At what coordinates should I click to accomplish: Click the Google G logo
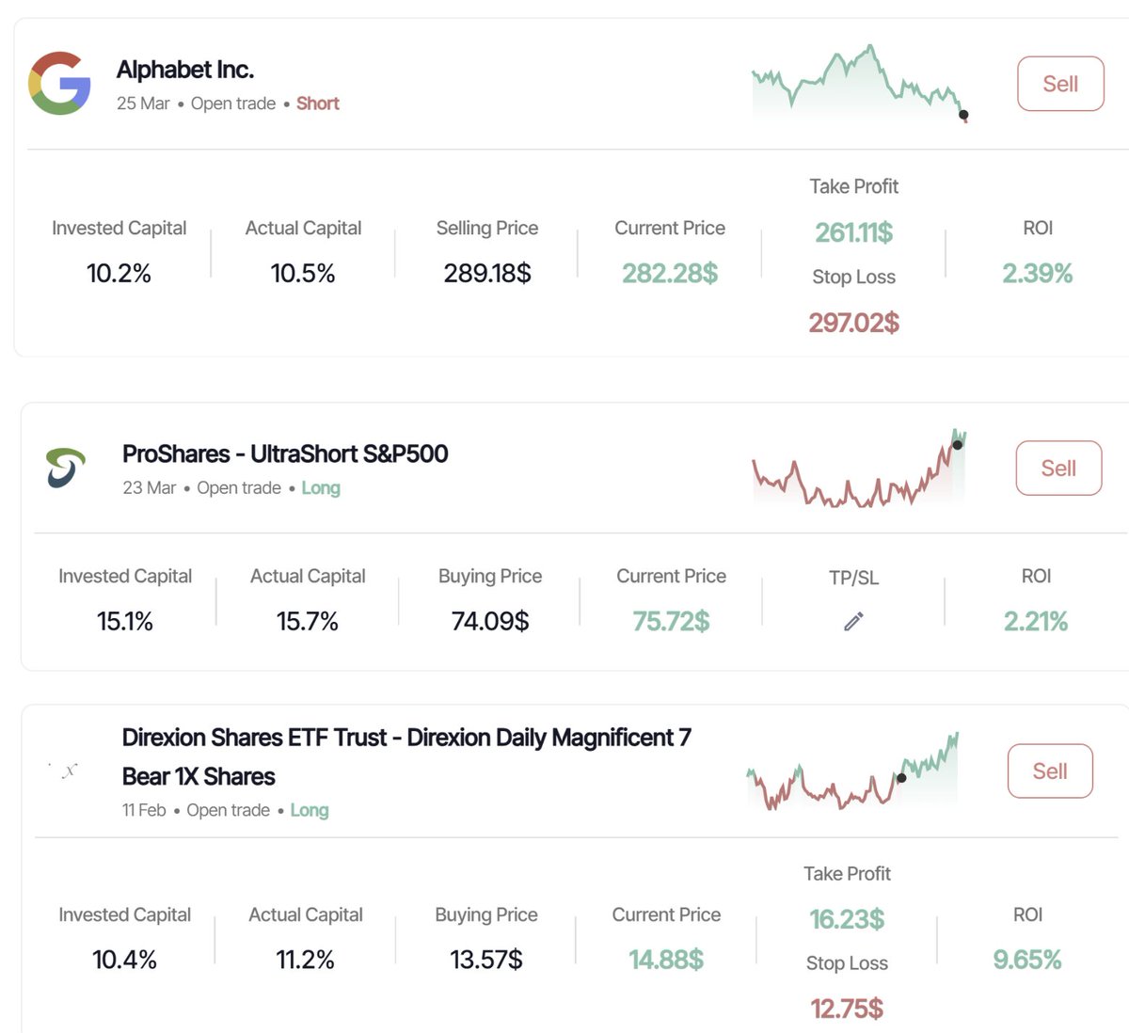coord(59,83)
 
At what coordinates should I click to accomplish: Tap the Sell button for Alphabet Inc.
coord(1060,84)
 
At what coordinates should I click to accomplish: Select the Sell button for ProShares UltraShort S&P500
coord(1058,468)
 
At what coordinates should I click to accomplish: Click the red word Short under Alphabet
coord(317,103)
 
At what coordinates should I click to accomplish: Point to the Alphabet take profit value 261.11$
coord(853,231)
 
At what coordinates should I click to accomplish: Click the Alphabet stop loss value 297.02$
coord(853,323)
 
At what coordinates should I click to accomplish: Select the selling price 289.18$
coord(487,274)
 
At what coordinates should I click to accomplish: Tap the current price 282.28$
coord(670,274)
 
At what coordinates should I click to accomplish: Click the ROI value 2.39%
coord(1037,274)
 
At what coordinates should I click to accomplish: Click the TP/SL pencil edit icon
coord(853,621)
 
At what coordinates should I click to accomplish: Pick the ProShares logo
coord(65,468)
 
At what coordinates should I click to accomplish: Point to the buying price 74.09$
coord(490,621)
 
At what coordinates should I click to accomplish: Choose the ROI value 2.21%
coord(1035,621)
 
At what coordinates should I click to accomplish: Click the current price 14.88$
coord(666,960)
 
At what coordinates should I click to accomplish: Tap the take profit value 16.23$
coord(847,919)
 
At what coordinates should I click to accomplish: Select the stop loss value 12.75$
coord(847,1009)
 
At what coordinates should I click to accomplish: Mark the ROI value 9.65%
coord(1026,960)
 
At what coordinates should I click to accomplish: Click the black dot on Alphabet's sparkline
coord(963,115)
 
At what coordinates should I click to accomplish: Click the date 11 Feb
coord(144,810)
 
